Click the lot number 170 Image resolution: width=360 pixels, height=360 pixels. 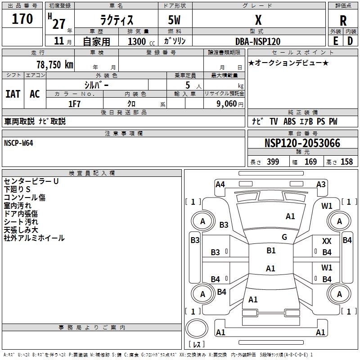pos(22,19)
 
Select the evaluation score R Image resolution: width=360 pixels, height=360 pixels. pos(343,21)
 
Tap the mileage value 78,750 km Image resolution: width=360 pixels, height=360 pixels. pos(55,64)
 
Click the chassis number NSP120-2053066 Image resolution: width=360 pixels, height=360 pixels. pos(302,143)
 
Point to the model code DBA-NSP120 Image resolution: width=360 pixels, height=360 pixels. pos(258,41)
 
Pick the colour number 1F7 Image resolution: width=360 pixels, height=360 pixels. pos(74,104)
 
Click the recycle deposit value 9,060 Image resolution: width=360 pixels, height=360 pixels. pos(226,104)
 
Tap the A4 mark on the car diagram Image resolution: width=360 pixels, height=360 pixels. pos(220,184)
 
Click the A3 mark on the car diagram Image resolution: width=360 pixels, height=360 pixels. pos(321,184)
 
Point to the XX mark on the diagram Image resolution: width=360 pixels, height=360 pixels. pos(327,241)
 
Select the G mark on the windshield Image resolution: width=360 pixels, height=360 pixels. pos(284,237)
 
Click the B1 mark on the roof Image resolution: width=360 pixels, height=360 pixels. pos(271,251)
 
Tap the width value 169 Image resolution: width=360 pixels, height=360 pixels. pos(310,162)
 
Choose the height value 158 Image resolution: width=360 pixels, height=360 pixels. pos(346,162)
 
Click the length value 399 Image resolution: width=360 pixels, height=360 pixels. pos(273,162)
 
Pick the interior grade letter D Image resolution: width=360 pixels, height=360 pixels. pos(350,41)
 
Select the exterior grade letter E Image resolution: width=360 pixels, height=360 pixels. pos(336,41)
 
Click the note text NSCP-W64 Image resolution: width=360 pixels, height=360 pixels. pos(18,143)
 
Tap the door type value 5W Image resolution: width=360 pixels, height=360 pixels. pos(174,20)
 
